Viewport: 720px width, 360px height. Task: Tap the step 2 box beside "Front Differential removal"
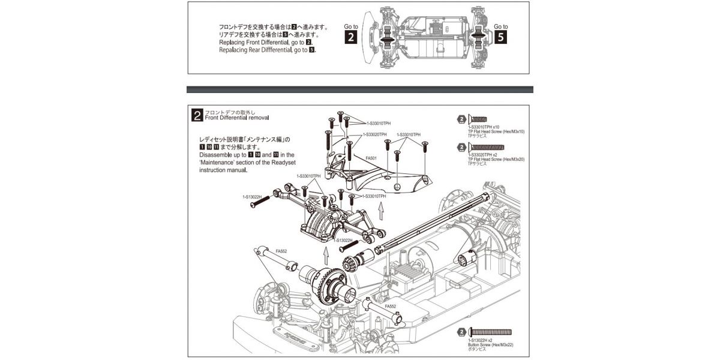[x=196, y=115]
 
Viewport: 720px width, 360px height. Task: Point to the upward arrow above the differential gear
[x=325, y=256]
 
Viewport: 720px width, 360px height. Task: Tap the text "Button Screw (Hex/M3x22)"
[x=490, y=346]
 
